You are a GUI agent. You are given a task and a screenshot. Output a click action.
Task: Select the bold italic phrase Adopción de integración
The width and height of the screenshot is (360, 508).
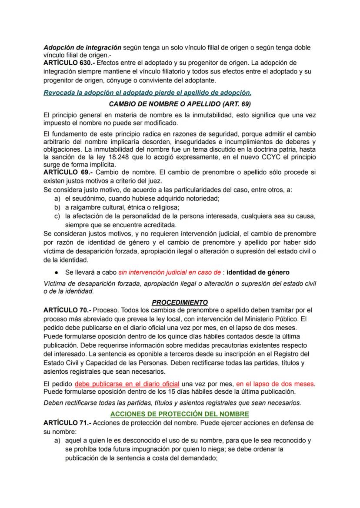83,47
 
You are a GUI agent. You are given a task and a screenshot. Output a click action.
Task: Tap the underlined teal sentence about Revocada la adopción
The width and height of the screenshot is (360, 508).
147,93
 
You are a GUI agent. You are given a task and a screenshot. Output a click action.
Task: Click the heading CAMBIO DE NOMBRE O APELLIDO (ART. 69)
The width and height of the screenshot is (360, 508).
180,104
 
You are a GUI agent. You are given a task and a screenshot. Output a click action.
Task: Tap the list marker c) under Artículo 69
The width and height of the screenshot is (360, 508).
57,216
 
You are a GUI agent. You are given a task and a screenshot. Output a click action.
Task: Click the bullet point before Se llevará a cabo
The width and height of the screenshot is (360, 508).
57,272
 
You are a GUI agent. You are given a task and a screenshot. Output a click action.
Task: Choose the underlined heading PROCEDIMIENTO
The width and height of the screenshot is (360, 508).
180,302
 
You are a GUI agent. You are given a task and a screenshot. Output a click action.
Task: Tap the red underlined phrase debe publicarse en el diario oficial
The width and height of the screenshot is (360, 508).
127,384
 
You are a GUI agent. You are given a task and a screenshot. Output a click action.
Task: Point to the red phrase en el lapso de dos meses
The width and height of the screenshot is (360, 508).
275,384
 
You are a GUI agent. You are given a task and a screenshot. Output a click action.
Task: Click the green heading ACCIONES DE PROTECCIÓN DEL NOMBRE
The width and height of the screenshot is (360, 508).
180,414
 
